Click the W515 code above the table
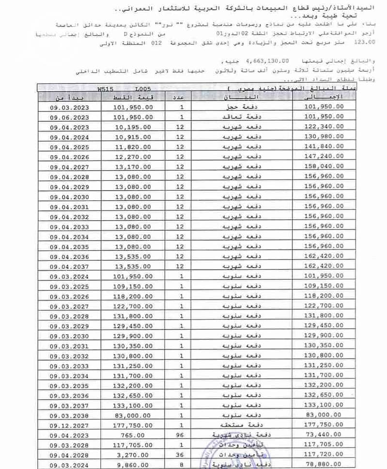(x=105, y=90)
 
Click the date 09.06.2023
(x=69, y=117)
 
